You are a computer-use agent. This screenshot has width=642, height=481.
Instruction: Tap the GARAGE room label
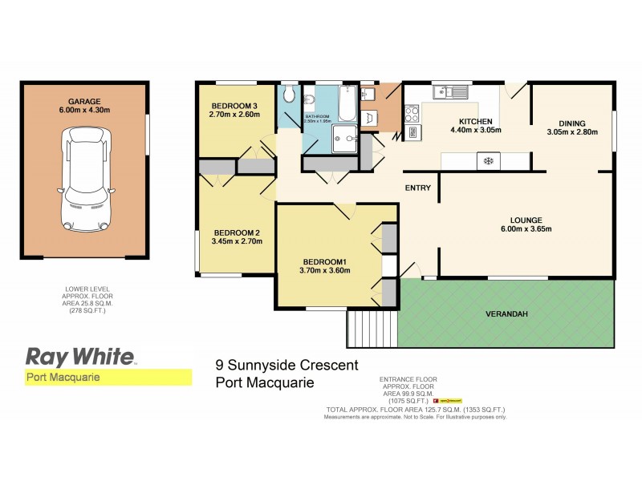83,101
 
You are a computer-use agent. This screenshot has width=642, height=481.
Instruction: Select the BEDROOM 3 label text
234,107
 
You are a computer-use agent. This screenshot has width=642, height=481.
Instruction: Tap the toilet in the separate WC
290,98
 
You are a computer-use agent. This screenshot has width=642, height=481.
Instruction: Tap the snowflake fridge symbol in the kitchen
486,161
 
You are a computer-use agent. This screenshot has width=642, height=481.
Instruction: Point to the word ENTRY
419,188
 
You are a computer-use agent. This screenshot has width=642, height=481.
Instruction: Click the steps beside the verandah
372,328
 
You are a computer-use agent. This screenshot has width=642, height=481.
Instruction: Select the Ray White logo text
80,355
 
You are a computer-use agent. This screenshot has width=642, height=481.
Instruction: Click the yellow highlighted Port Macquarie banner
106,377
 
